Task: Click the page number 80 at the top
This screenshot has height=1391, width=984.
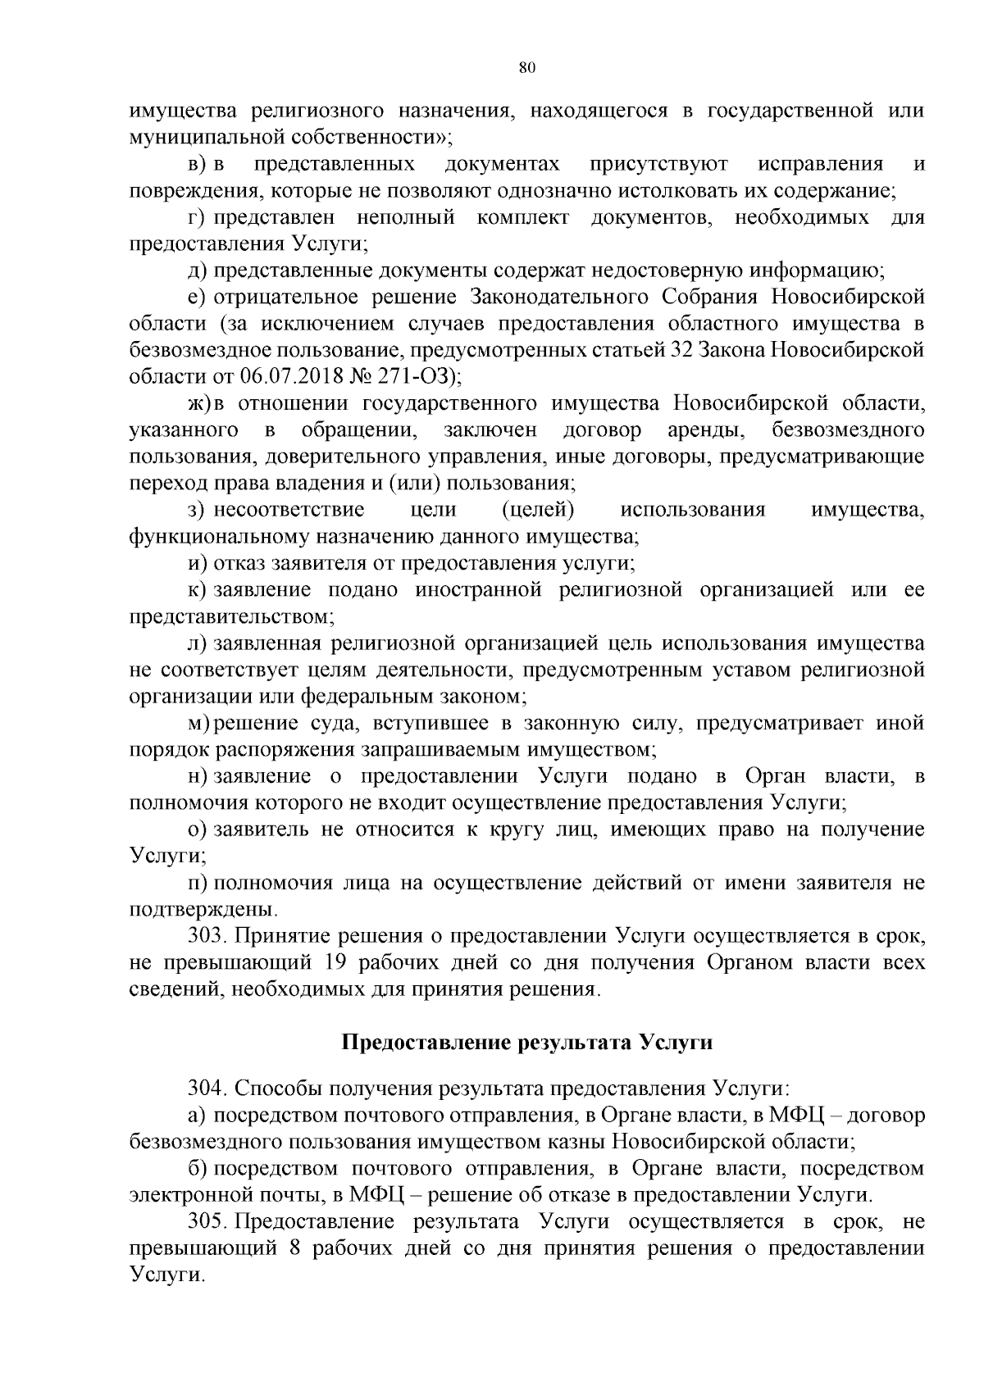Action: (527, 68)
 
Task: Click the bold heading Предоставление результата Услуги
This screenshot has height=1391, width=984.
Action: (526, 1043)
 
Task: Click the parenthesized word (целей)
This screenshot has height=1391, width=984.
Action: (537, 510)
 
